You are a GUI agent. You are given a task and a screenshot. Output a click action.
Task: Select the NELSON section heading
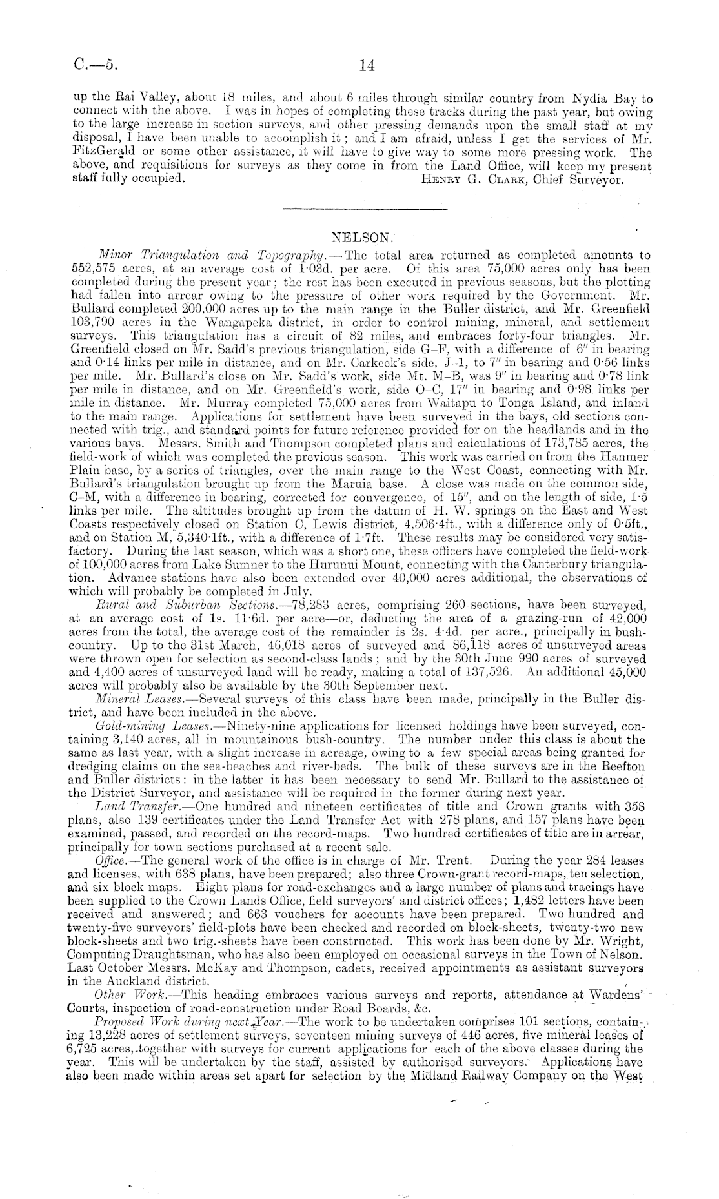(358, 238)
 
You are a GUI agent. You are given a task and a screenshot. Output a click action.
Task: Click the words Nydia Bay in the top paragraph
(597, 100)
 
